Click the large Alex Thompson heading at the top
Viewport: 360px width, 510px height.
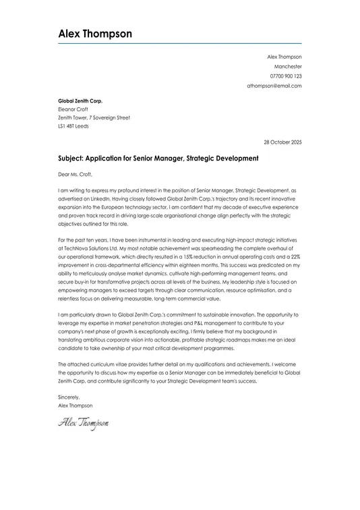[x=95, y=34]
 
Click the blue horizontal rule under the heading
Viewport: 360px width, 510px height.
[x=179, y=44]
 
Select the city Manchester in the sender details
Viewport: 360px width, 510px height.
[x=288, y=67]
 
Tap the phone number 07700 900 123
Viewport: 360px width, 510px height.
[x=286, y=76]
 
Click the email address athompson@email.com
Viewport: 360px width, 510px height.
[x=274, y=86]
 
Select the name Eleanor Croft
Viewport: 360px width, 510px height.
[x=73, y=109]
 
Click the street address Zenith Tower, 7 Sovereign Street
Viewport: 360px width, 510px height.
[x=94, y=117]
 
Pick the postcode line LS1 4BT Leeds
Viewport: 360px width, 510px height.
[x=73, y=125]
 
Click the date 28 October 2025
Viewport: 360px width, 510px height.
[x=282, y=142]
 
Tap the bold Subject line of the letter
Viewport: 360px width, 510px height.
[x=158, y=159]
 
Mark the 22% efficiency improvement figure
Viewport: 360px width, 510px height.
[x=295, y=257]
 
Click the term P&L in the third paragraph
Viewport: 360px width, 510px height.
[x=183, y=323]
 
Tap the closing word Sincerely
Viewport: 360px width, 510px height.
[x=69, y=397]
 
